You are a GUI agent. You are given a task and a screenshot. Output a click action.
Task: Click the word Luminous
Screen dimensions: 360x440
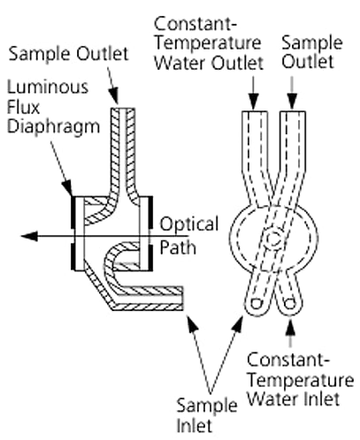[x=48, y=87]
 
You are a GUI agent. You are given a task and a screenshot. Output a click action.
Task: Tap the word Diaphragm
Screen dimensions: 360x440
[x=53, y=127]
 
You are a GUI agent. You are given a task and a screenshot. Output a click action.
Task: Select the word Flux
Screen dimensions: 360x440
[x=23, y=107]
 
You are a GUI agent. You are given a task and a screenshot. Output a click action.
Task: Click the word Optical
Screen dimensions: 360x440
[x=189, y=225]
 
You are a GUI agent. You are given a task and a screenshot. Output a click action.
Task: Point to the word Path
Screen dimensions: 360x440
[x=178, y=248]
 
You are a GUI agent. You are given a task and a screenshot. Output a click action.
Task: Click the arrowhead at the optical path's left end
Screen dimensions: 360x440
[x=29, y=236]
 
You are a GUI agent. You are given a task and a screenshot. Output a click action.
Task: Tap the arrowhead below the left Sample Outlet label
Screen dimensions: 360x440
[x=113, y=95]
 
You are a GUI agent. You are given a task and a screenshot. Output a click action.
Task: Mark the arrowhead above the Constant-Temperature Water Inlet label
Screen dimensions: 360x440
[x=291, y=325]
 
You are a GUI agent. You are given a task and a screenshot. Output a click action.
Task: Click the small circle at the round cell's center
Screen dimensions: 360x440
[x=274, y=239]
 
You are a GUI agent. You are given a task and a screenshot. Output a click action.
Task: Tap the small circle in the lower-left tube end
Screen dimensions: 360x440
[x=256, y=304]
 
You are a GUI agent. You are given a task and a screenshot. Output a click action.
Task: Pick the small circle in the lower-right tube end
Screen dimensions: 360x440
[x=291, y=303]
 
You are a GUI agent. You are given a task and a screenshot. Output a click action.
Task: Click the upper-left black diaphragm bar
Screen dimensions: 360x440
[x=73, y=212]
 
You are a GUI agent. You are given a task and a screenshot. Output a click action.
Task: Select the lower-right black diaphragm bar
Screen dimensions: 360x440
[x=150, y=257]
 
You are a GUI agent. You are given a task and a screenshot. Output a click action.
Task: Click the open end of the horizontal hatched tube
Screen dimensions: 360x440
[x=183, y=298]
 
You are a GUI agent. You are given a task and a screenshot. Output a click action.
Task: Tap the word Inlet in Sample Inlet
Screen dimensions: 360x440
[x=195, y=426]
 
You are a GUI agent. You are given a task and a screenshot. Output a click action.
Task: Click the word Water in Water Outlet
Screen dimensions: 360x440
[x=181, y=64]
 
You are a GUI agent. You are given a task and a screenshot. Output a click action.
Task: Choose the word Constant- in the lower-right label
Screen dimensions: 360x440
[x=287, y=360]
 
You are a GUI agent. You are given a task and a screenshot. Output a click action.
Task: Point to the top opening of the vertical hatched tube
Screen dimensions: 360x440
[x=123, y=109]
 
